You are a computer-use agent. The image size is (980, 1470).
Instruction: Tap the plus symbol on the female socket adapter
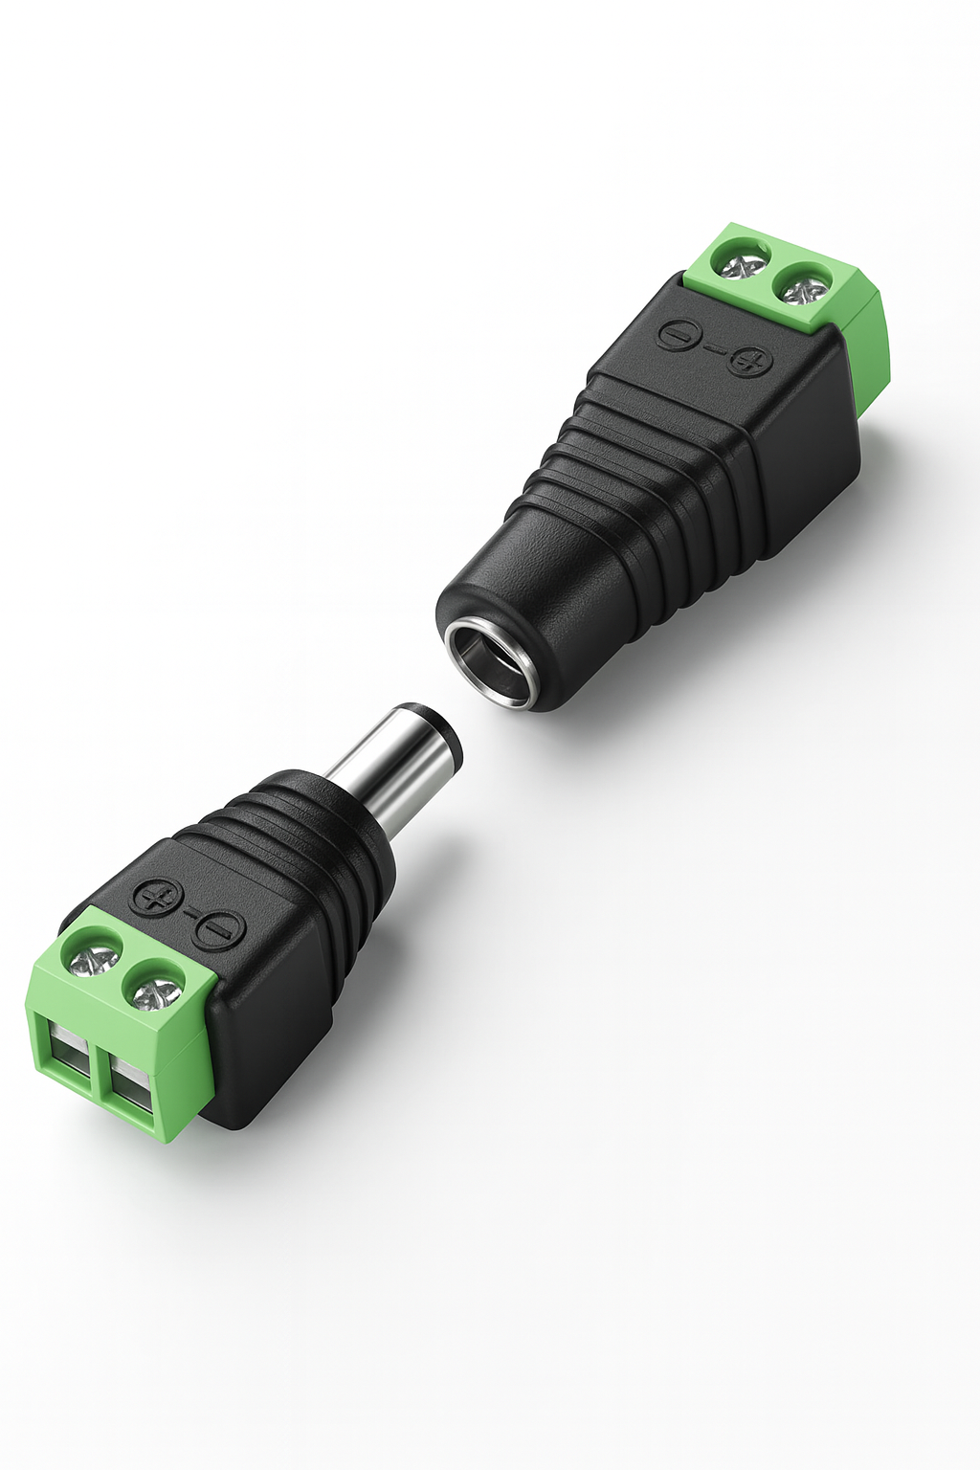click(x=749, y=362)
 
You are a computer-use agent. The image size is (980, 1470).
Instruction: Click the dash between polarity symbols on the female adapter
click(x=714, y=349)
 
